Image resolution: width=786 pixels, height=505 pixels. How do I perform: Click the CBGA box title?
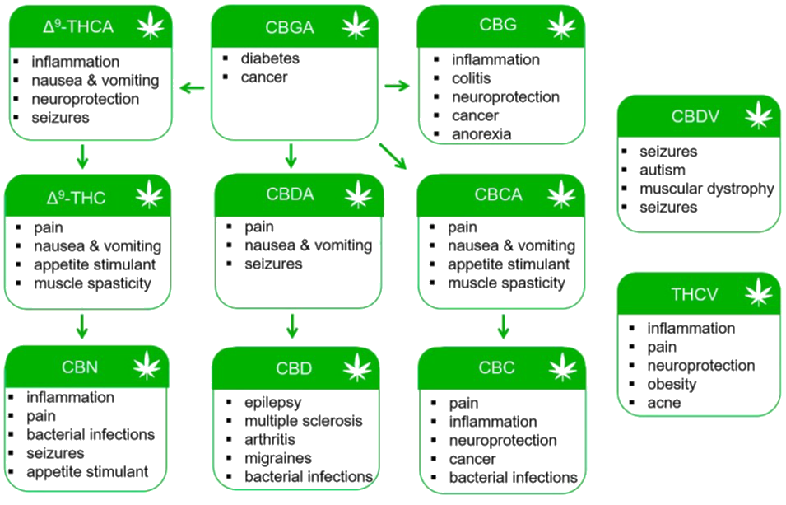tap(290, 27)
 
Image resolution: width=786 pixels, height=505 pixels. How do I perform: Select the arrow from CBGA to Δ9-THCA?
tap(192, 87)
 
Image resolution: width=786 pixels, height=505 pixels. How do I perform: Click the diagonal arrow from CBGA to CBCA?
tap(393, 156)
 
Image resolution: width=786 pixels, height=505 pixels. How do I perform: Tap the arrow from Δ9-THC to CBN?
tap(81, 325)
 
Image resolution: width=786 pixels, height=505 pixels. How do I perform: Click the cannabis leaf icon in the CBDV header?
tap(758, 116)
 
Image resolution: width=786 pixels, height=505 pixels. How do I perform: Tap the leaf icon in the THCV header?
tap(758, 292)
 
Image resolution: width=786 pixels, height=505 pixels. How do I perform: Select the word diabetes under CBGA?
tap(269, 59)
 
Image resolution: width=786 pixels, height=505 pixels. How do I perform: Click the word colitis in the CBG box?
tap(471, 78)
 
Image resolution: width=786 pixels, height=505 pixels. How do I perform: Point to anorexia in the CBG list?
tap(481, 134)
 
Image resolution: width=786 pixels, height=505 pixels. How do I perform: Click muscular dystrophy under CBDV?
tap(706, 189)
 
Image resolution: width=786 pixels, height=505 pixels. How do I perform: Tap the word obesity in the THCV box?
tap(672, 385)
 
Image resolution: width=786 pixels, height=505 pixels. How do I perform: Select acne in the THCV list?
tap(663, 404)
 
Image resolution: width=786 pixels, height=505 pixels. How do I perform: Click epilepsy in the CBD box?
tap(272, 403)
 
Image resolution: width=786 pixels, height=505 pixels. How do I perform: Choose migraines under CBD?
tap(277, 458)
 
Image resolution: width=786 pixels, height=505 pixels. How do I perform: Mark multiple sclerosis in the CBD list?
tap(303, 421)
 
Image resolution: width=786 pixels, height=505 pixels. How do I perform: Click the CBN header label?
tap(81, 367)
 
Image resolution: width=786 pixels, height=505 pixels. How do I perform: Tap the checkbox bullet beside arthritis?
tap(227, 440)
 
